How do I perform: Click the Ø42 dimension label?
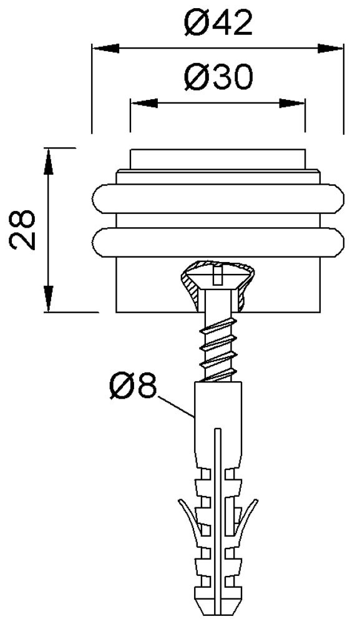coord(218,22)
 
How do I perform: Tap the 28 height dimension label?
coord(22,229)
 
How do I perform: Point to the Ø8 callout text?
coord(132,386)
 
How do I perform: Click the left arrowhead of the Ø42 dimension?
coord(106,49)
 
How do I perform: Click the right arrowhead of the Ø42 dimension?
coord(330,49)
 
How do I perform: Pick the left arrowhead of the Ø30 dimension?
coord(144,104)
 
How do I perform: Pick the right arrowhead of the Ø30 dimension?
coord(292,104)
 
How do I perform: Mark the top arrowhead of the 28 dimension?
coord(48,162)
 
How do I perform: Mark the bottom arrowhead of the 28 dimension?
coord(48,298)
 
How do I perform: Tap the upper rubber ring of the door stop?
coord(218,198)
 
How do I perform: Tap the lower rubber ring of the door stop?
coord(218,242)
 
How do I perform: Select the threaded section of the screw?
coord(218,348)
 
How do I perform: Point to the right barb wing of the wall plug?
coord(248,517)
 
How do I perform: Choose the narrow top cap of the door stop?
coord(218,160)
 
